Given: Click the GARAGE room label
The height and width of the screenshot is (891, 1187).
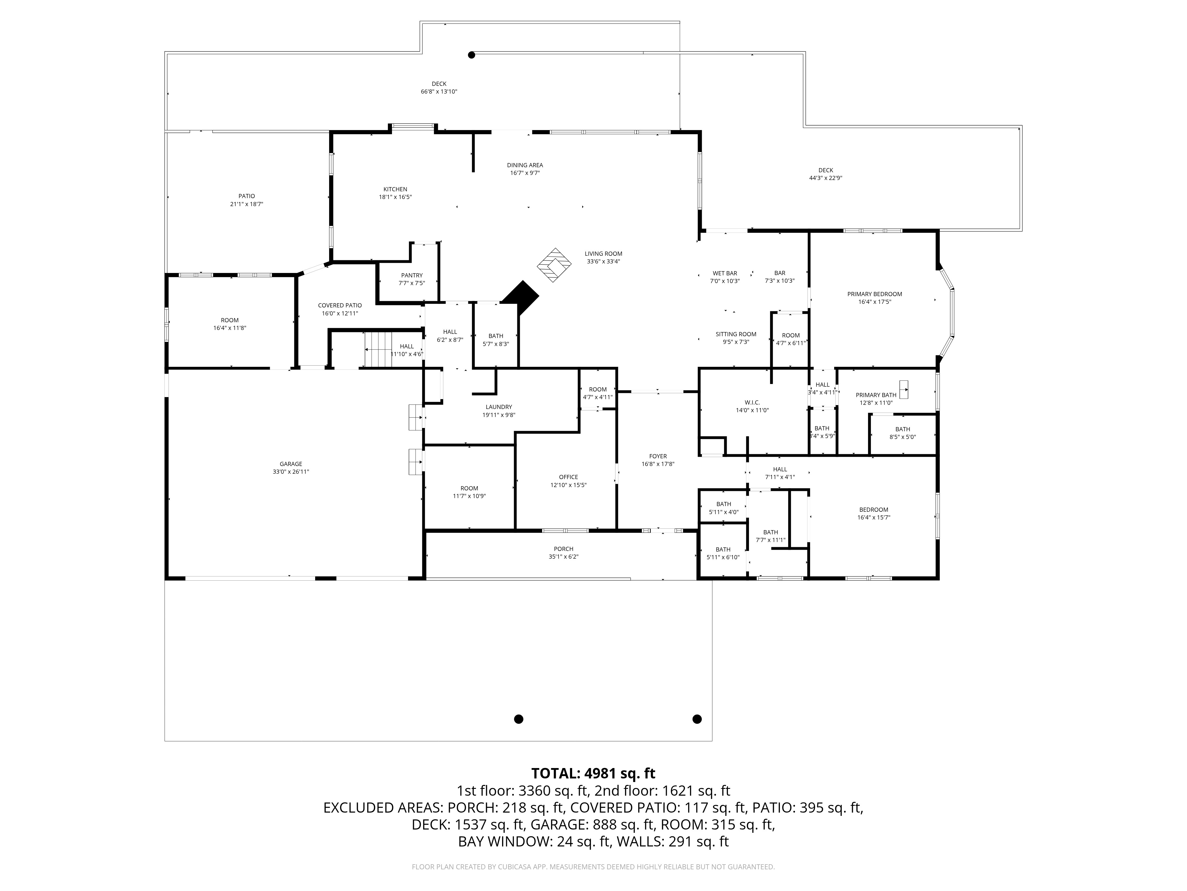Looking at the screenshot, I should click(291, 464).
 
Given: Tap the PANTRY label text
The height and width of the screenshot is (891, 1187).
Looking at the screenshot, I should click(412, 276).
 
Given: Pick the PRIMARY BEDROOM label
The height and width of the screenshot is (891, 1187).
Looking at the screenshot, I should click(874, 294).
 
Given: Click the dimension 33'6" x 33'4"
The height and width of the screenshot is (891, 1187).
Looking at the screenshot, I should click(603, 262).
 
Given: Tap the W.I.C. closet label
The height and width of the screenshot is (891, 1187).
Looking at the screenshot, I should click(752, 402).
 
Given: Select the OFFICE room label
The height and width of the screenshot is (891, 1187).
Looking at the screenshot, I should click(568, 477).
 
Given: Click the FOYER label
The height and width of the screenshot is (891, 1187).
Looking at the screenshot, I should click(658, 456).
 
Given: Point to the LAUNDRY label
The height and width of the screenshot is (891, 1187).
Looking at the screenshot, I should click(499, 407).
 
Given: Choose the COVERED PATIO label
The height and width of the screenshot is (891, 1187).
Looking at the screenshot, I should click(340, 306).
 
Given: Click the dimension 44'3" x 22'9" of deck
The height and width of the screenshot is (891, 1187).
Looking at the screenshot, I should click(825, 178).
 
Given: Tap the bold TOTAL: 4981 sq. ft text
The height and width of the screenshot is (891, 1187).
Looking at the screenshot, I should click(593, 773).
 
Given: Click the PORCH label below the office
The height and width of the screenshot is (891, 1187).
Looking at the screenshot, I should click(564, 549).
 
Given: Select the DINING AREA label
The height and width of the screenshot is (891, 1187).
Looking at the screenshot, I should click(525, 165).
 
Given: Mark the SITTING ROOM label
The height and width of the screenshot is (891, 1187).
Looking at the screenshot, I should click(736, 334).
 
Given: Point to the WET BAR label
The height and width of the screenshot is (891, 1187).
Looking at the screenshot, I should click(724, 273).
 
